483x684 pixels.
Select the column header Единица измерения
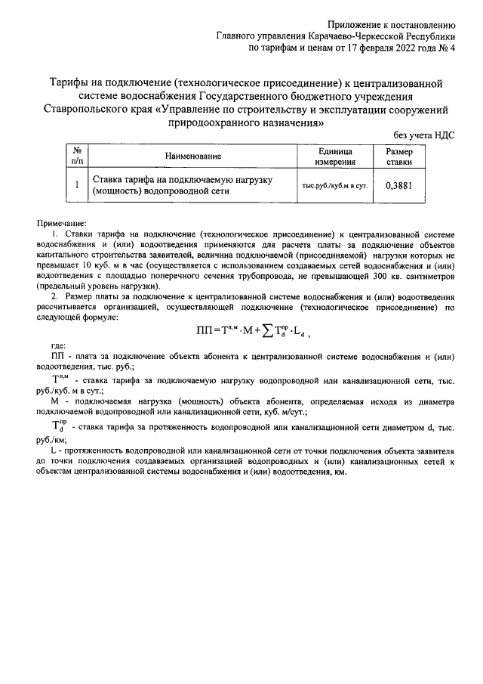pos(335,156)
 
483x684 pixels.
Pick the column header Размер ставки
pos(399,156)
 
